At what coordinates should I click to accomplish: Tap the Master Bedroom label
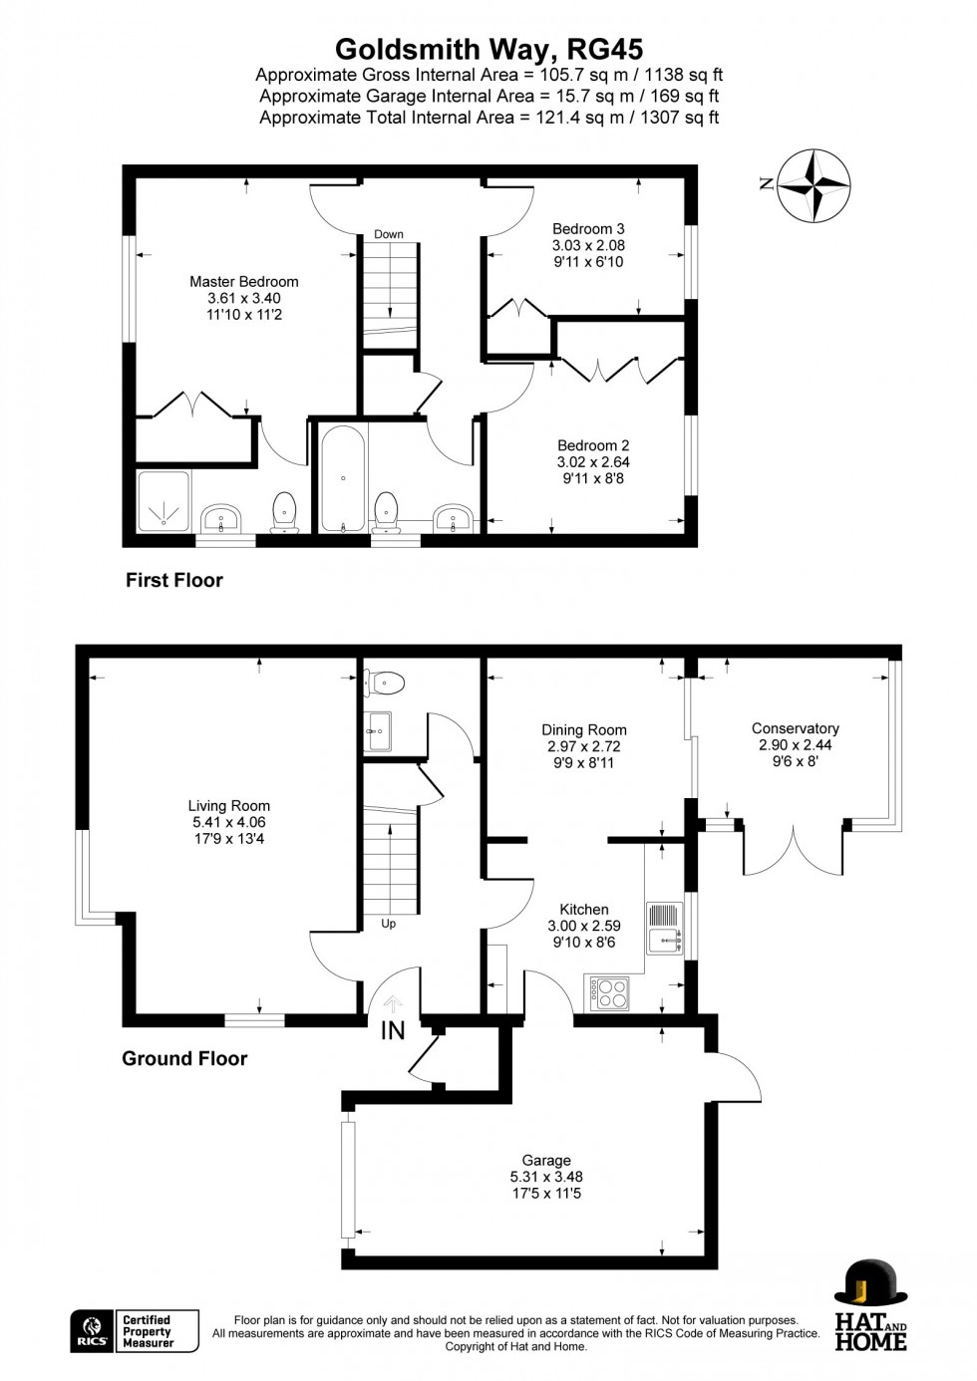[243, 298]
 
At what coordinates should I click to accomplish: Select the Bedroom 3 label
[588, 245]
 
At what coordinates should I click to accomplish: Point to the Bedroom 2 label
[593, 461]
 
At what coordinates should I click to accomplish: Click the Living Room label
[229, 822]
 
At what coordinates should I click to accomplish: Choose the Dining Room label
[583, 746]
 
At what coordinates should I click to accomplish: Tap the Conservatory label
[795, 744]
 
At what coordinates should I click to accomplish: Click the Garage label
[546, 1177]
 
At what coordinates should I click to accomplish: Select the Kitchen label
[583, 926]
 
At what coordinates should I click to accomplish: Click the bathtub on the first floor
[343, 478]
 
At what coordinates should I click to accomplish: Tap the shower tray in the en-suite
[163, 500]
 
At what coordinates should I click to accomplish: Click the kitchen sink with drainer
[664, 929]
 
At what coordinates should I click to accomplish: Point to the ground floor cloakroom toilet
[384, 683]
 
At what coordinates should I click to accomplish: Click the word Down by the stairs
[389, 234]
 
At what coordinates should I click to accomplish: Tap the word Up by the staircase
[389, 924]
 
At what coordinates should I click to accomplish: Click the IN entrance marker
[393, 1030]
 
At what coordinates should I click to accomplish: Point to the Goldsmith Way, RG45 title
[488, 50]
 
